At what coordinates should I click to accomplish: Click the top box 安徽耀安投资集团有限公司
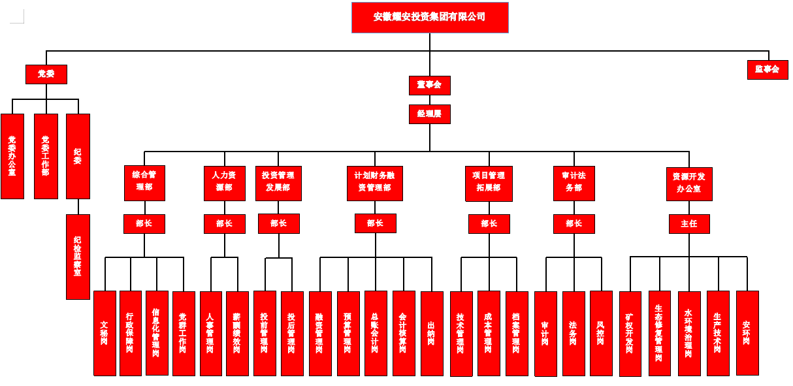coord(430,18)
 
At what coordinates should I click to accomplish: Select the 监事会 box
coord(768,69)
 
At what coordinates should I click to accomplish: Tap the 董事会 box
coord(429,85)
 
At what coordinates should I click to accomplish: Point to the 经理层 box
coord(429,114)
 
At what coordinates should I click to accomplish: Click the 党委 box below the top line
coord(46,74)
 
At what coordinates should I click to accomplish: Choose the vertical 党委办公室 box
coord(12,156)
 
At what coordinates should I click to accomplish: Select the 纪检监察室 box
coord(78,257)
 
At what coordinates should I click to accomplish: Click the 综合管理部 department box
coord(144,182)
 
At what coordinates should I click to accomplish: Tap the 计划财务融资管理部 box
coord(374,182)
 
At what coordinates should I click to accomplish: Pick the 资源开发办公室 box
coord(688,184)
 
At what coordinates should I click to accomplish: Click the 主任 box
coord(688,224)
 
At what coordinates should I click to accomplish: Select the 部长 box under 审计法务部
coord(574,223)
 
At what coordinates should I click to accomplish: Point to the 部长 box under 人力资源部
coord(224,223)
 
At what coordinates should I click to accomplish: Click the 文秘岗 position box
coord(105,333)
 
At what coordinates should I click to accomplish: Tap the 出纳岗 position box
coord(432,333)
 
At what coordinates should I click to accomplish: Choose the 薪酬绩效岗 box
coord(237,333)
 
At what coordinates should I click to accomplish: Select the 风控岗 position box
coord(601,333)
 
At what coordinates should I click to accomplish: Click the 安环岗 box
coord(747,332)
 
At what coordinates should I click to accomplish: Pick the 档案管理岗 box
coord(517,333)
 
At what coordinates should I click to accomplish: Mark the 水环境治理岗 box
coord(689,333)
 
